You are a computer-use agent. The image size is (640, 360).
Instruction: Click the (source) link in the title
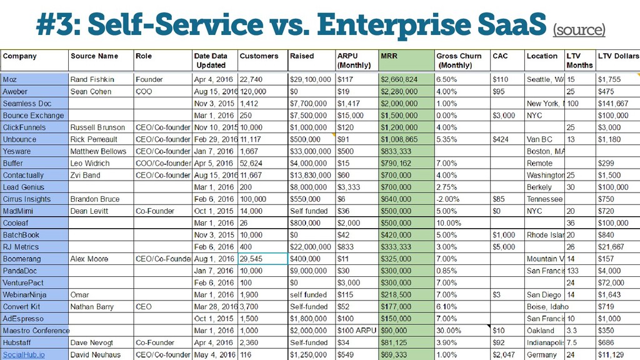pos(579,30)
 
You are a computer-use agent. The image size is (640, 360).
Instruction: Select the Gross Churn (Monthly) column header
pos(459,61)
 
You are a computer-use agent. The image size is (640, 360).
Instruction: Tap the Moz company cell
pos(34,79)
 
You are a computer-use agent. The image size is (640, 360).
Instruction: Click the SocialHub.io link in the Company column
pos(24,355)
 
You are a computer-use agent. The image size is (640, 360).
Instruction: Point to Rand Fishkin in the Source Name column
pos(92,79)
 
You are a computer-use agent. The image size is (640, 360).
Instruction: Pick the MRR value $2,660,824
pos(399,79)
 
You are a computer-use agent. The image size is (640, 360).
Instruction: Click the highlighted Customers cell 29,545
pos(263,259)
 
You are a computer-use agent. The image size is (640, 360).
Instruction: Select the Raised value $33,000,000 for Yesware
pos(310,151)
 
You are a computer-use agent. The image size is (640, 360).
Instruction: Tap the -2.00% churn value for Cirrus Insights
pos(447,199)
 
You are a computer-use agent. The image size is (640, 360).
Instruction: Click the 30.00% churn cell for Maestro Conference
pos(449,331)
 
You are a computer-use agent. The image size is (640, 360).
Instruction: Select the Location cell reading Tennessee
pos(544,199)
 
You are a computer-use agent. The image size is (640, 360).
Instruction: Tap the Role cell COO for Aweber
pos(144,91)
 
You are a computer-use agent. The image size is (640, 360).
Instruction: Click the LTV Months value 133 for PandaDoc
pos(572,271)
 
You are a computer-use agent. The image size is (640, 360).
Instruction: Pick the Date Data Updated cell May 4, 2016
pos(214,355)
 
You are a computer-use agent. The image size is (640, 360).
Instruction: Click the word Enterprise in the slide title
pos(395,24)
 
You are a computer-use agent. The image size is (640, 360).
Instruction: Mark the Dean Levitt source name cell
pos(89,211)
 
